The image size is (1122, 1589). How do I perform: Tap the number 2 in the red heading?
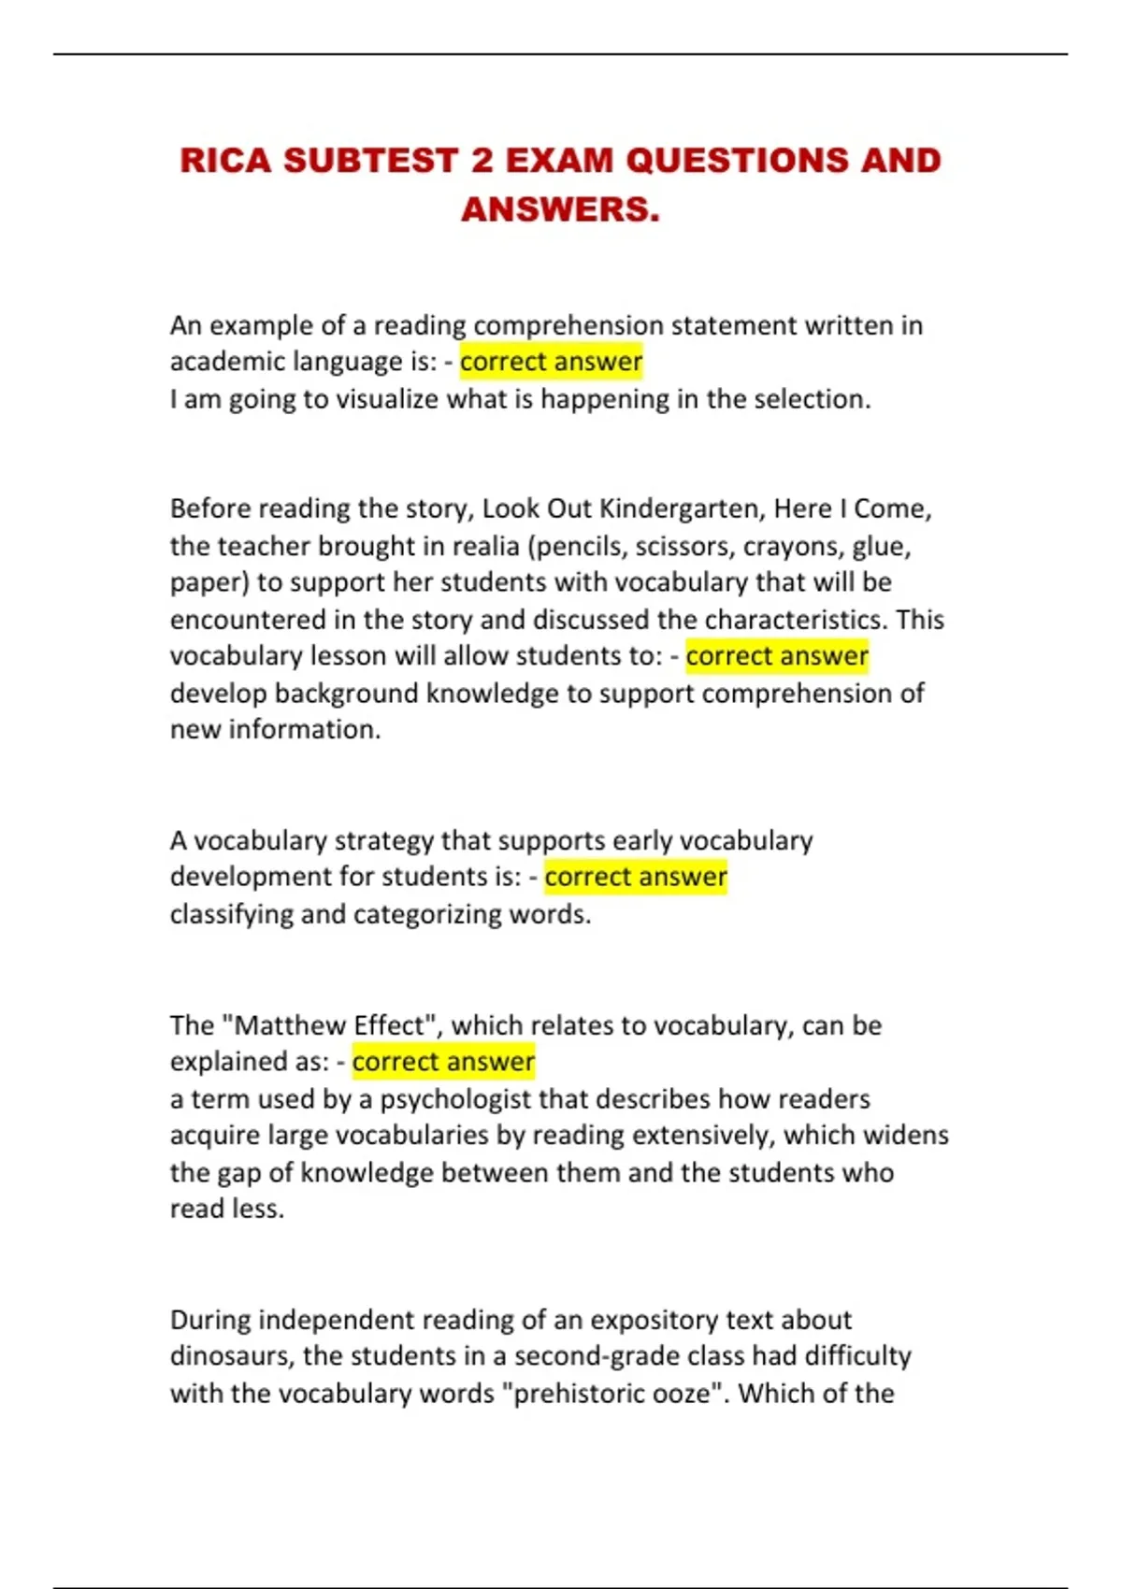coord(482,161)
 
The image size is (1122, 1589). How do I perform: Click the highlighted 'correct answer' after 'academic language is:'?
coord(551,362)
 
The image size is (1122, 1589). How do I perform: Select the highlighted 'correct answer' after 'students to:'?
coord(777,656)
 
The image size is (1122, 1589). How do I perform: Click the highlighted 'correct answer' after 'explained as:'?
coord(443,1062)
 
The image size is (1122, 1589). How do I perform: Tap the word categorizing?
coord(426,914)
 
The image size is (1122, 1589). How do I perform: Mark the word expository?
coord(652,1320)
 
